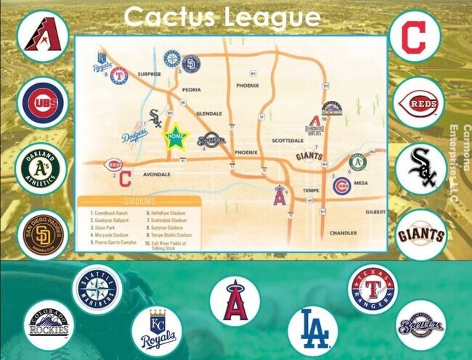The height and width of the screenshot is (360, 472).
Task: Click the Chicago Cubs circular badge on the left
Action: point(42,103)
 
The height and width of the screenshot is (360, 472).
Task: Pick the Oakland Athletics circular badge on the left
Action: point(42,168)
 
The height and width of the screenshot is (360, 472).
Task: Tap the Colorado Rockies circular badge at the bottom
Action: point(49,324)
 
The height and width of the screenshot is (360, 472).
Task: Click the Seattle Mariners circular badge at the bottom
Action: point(94,291)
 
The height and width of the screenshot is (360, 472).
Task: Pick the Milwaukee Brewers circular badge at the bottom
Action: point(420,325)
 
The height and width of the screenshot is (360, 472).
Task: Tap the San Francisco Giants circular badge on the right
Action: point(420,234)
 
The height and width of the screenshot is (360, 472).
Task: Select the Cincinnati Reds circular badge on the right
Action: point(420,103)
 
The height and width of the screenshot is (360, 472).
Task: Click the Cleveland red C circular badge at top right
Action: point(414,36)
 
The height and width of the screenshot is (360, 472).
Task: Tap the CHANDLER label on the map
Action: point(343,233)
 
